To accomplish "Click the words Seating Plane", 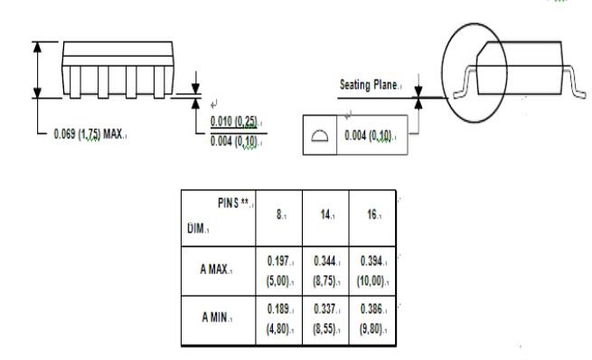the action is pyautogui.click(x=368, y=85).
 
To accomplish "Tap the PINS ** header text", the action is pyautogui.click(x=233, y=203).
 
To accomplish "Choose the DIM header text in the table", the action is pyautogui.click(x=196, y=228).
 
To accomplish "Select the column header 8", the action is pyautogui.click(x=279, y=214).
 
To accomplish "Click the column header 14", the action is pyautogui.click(x=325, y=214).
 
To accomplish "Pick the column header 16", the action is pyautogui.click(x=372, y=214).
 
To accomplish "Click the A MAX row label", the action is pyautogui.click(x=213, y=270).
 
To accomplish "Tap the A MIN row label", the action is pyautogui.click(x=215, y=317).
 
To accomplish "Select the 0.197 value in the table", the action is pyautogui.click(x=278, y=261).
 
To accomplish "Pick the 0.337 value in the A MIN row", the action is pyautogui.click(x=324, y=309).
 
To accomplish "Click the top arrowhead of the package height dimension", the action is pyautogui.click(x=37, y=47).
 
